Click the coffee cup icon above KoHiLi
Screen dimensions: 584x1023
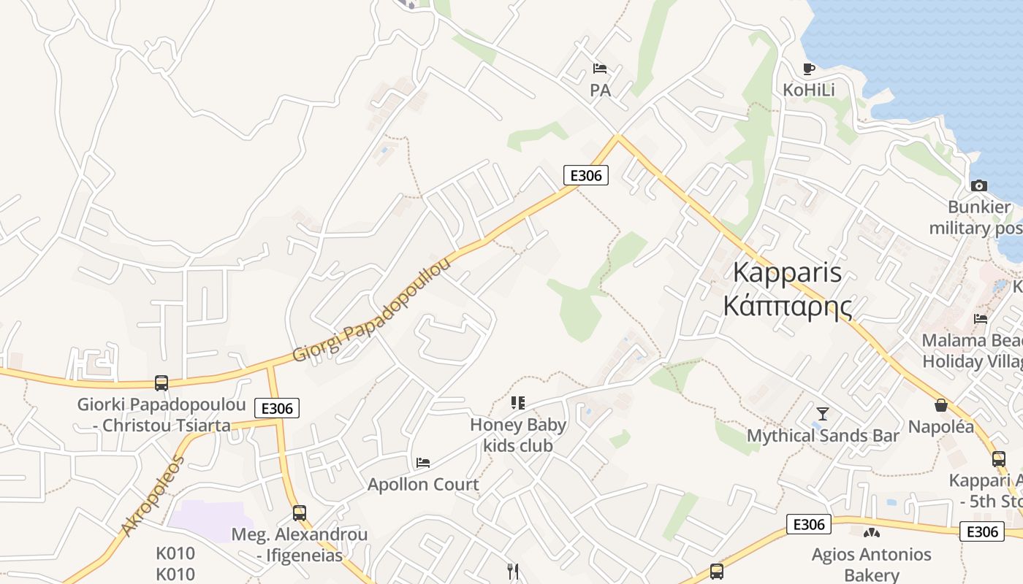pos(808,69)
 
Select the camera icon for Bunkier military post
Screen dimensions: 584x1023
pos(979,185)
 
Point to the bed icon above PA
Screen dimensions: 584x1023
pos(600,69)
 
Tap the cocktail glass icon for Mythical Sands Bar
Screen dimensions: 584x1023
pos(823,414)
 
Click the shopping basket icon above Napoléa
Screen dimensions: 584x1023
pos(941,405)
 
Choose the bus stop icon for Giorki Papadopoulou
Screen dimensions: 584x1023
pos(161,383)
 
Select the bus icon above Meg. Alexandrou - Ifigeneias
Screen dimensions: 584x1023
pos(299,512)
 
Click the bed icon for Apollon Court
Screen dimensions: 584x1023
pos(423,462)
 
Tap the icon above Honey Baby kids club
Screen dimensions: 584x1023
pos(518,402)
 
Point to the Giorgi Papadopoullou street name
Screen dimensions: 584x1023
pos(372,309)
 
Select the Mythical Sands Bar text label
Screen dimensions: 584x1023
pos(823,436)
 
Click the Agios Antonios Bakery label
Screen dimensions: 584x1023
pos(871,564)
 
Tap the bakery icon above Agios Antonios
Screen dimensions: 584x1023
pos(871,533)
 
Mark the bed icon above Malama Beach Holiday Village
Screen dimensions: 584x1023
pos(981,318)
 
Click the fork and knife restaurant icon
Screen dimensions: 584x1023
pos(513,571)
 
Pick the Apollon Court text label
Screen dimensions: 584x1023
pos(423,484)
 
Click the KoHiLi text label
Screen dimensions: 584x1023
pos(808,90)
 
